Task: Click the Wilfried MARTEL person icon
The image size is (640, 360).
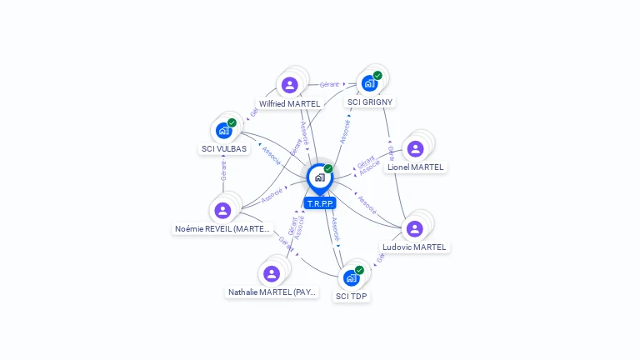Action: [289, 85]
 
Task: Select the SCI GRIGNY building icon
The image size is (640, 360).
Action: [369, 83]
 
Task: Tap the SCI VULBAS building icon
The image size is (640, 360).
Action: [223, 130]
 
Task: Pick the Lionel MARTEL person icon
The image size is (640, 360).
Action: [415, 149]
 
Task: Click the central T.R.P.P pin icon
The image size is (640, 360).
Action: [319, 177]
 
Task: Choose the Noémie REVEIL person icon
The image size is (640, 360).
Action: [222, 210]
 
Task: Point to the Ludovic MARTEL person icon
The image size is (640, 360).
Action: [414, 228]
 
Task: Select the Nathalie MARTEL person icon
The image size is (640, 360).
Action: [272, 273]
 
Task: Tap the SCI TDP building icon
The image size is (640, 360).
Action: [351, 277]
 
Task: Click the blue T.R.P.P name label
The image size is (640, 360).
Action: [320, 203]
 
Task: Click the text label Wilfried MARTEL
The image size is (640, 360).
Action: [289, 104]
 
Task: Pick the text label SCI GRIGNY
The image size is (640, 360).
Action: [370, 102]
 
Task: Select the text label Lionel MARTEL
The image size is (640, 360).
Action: [416, 167]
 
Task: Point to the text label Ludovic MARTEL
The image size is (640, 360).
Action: [414, 247]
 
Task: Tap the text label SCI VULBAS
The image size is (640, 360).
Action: [224, 149]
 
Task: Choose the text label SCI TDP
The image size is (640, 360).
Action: [352, 296]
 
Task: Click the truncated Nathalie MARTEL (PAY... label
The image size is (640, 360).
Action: [272, 292]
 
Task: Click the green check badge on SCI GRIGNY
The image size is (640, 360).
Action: [377, 76]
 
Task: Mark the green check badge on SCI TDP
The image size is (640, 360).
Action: [359, 270]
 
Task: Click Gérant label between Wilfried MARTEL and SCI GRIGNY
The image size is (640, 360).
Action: [329, 84]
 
